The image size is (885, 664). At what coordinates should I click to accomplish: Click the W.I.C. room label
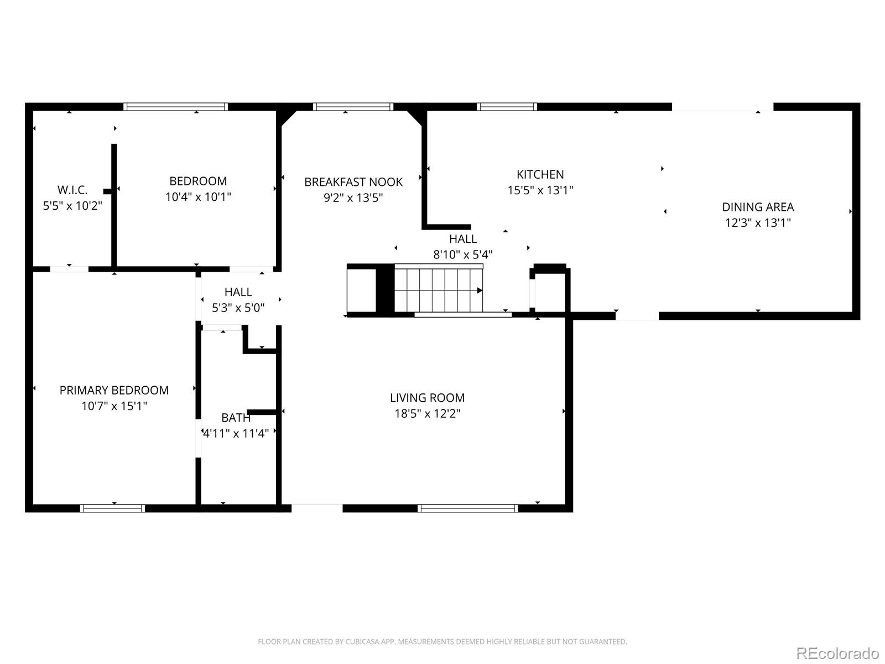(x=72, y=190)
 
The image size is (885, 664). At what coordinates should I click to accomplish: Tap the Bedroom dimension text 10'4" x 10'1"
(x=198, y=197)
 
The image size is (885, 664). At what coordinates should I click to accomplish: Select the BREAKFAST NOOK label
(x=353, y=182)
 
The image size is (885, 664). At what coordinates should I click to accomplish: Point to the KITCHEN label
(x=540, y=174)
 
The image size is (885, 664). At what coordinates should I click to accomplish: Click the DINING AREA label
(x=758, y=207)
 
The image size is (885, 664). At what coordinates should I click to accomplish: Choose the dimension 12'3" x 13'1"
(x=758, y=223)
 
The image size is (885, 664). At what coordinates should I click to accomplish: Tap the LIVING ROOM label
(x=428, y=398)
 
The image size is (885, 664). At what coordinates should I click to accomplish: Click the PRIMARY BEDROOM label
(x=114, y=390)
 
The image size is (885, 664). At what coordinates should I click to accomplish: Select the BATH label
(x=236, y=418)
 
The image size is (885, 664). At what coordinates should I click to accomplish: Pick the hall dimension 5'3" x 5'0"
(x=238, y=308)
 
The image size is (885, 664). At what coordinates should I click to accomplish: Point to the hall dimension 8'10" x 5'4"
(x=463, y=255)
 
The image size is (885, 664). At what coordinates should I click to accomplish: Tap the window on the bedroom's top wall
(x=175, y=107)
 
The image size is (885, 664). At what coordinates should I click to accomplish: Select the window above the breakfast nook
(x=353, y=107)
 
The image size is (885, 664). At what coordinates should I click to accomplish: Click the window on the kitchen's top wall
(x=507, y=107)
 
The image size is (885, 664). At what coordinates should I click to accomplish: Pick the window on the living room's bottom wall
(x=468, y=509)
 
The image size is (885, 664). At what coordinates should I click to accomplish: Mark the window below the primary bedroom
(x=112, y=509)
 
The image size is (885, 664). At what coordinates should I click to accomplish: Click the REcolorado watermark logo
(x=838, y=653)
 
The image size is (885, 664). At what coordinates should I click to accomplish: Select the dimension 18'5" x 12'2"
(x=428, y=414)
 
